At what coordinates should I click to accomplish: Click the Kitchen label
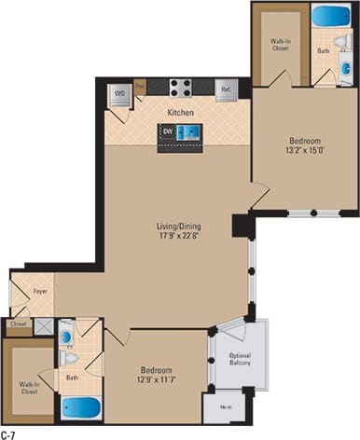coord(180,113)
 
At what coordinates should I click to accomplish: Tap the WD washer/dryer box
coord(120,93)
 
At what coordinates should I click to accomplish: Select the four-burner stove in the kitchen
coord(180,89)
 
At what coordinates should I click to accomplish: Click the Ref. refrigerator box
coord(226,89)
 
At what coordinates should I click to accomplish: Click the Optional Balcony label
coord(241,360)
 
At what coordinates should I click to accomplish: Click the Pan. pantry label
coord(139,85)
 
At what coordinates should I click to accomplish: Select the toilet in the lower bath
coord(68,358)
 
